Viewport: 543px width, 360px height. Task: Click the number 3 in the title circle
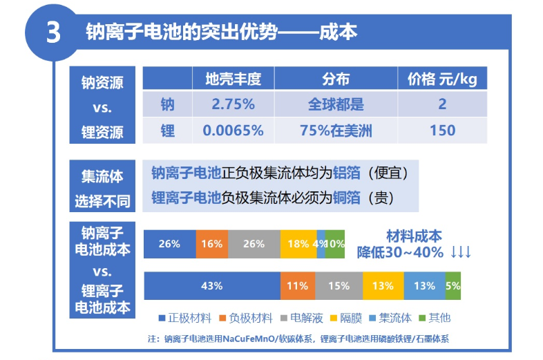point(53,32)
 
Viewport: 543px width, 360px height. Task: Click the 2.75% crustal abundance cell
point(233,104)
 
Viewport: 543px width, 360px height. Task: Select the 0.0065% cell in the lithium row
point(233,130)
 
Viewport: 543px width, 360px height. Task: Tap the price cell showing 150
point(442,130)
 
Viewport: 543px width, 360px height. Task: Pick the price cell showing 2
point(442,104)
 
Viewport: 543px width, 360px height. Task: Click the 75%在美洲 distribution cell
point(336,130)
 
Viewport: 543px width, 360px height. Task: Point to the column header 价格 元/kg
point(442,79)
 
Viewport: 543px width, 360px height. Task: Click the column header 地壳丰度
point(233,79)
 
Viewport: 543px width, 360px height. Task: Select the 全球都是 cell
point(336,104)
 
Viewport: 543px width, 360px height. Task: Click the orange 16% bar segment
point(212,244)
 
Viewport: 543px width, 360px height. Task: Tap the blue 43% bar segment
point(212,285)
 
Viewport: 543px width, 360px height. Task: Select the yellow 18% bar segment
point(298,244)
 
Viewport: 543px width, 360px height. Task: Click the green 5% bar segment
point(452,285)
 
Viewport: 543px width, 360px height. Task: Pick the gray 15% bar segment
point(339,285)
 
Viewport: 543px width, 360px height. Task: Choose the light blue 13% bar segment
point(424,285)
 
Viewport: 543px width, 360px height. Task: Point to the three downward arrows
point(461,252)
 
